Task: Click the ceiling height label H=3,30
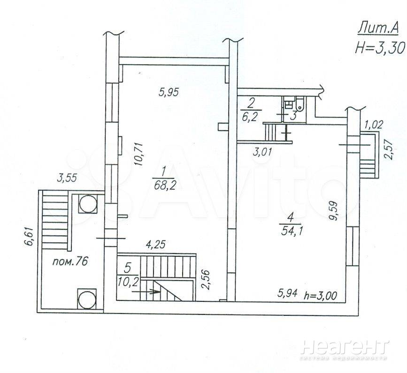point(380,47)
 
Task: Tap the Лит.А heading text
point(378,29)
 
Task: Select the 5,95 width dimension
point(169,92)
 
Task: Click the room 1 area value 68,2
point(164,185)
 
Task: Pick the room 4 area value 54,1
point(291,230)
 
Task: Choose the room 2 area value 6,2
point(249,117)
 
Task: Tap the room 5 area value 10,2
point(127,281)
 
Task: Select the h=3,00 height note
point(321,295)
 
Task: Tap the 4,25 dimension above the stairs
point(155,244)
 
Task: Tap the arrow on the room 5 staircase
point(146,291)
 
